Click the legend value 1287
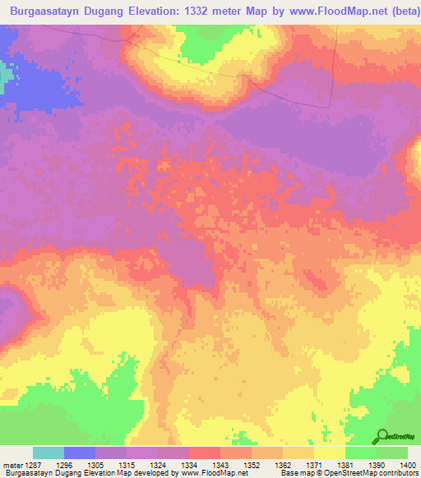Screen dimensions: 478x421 pyautogui.click(x=33, y=466)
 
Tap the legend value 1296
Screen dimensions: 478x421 pyautogui.click(x=63, y=466)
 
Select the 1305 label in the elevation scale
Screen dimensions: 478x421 pyautogui.click(x=95, y=466)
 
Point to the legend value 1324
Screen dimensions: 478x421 pyautogui.click(x=157, y=466)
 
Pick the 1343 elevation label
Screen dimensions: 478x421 pyautogui.click(x=220, y=466)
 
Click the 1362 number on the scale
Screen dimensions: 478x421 pyautogui.click(x=282, y=466)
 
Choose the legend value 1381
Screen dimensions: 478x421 pyautogui.click(x=345, y=466)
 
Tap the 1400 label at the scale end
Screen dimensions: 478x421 pyautogui.click(x=407, y=466)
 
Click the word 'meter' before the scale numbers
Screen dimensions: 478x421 pyautogui.click(x=12, y=466)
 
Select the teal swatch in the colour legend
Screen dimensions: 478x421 pyautogui.click(x=49, y=453)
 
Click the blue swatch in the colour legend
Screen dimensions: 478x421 pyautogui.click(x=80, y=453)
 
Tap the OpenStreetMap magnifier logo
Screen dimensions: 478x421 pyautogui.click(x=383, y=436)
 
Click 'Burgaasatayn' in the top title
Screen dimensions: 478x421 pyautogui.click(x=49, y=12)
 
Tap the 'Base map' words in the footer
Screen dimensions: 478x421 pyautogui.click(x=293, y=474)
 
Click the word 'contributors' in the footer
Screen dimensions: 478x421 pyautogui.click(x=398, y=474)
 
